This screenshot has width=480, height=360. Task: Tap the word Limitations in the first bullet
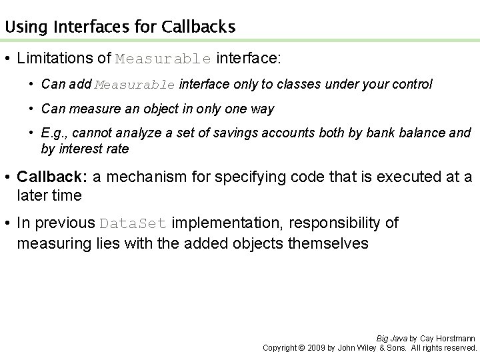tap(55, 58)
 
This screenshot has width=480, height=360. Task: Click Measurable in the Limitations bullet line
tap(163, 59)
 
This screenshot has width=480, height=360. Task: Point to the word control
tap(413, 84)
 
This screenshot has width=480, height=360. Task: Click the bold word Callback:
tap(52, 177)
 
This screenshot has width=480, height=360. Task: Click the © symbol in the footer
tap(301, 347)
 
